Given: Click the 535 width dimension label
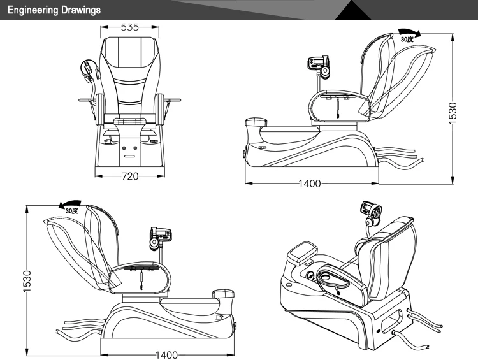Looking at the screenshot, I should click(x=131, y=27).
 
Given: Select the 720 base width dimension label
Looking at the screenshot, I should click(x=130, y=176).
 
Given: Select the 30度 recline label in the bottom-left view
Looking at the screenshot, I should click(x=71, y=210).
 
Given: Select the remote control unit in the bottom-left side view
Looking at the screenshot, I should click(x=159, y=236).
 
